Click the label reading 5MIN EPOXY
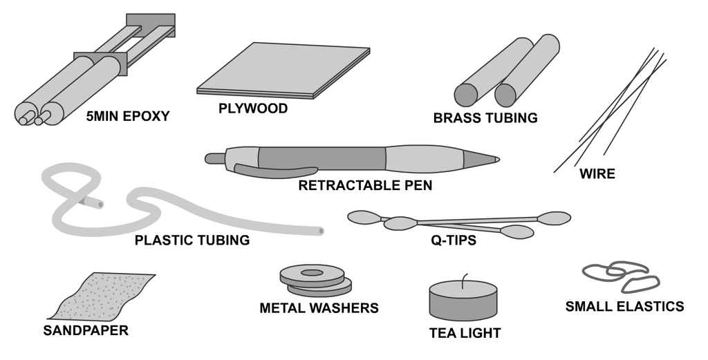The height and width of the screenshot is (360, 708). tap(128, 116)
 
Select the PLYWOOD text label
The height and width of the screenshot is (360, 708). tap(253, 108)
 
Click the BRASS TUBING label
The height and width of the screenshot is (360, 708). tap(485, 117)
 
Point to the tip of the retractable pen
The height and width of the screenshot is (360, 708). tap(498, 159)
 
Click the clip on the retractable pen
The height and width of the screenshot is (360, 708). tap(275, 170)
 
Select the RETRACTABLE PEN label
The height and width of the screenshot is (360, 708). tap(365, 185)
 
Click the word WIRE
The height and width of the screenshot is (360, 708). tap(597, 173)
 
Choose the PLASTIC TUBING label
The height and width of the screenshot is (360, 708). tap(192, 240)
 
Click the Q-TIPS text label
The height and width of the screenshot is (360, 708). tap(454, 240)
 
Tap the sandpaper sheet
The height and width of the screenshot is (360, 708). tap(102, 296)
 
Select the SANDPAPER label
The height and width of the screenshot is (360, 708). tap(86, 330)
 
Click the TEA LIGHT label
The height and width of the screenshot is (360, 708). tap(465, 333)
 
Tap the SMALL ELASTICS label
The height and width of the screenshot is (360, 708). tap(625, 306)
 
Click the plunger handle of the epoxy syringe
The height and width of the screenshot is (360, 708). tap(150, 26)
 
